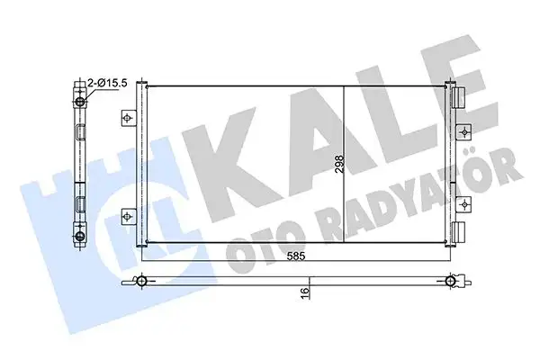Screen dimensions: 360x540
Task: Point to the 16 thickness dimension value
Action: [x=306, y=290]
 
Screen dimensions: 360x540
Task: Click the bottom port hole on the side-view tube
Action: [x=80, y=237]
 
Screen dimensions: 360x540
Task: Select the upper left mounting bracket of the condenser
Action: [x=129, y=118]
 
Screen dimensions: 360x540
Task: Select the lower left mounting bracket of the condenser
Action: [x=129, y=214]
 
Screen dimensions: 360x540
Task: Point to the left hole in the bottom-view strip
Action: [x=142, y=282]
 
